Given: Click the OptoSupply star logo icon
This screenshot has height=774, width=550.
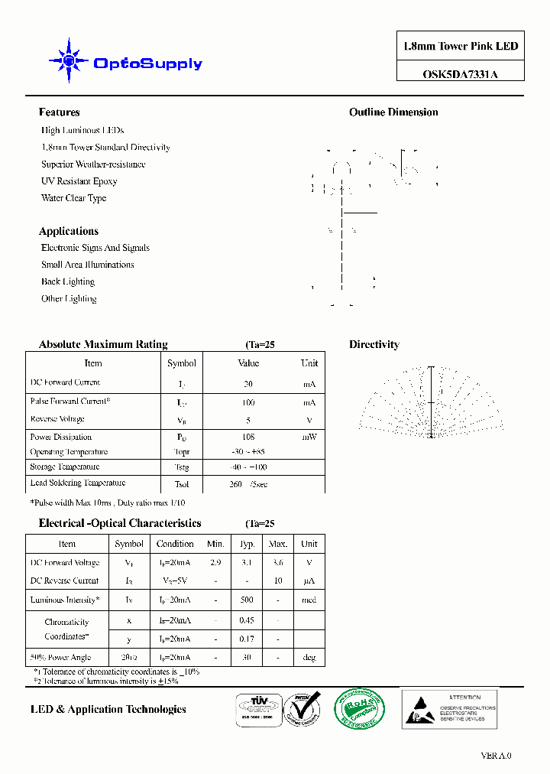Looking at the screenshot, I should coord(69,60).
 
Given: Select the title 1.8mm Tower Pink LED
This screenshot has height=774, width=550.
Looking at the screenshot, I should coord(461,47).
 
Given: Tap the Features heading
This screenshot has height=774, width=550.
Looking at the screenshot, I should coord(59,112).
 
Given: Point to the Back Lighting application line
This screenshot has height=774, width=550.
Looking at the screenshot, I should coord(68,281).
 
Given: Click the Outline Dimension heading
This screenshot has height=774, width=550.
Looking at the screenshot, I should coord(393,112).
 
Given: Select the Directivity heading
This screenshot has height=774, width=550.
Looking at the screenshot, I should coord(374,345).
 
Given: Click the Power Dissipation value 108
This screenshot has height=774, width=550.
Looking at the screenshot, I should coord(248,437).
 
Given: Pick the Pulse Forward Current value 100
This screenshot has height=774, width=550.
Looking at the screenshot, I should coord(248,402).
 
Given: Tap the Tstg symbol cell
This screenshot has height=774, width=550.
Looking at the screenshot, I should coord(181,467).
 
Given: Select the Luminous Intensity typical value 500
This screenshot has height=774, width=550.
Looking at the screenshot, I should coord(246,600).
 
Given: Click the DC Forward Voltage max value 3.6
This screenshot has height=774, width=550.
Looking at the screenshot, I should coord(278,563).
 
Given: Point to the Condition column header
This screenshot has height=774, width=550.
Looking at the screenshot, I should coord(175,544).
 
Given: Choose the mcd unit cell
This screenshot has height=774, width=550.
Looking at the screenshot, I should coord(309,600).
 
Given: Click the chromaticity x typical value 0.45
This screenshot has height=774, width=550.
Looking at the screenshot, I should coord(246,620).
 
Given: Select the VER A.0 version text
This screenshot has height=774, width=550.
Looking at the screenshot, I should coord(496,756).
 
